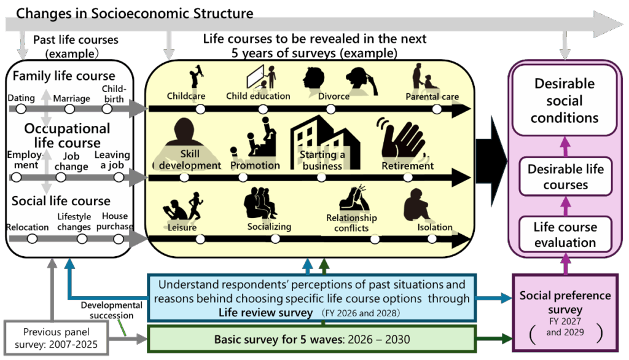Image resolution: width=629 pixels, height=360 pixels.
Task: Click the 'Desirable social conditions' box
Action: pyautogui.click(x=565, y=100)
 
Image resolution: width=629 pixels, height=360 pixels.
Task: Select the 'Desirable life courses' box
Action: pyautogui.click(x=565, y=176)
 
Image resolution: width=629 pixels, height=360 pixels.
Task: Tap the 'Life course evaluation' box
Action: pyautogui.click(x=565, y=235)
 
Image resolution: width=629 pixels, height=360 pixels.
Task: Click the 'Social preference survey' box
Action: pyautogui.click(x=565, y=313)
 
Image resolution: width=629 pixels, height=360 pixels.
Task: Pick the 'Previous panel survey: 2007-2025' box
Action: pyautogui.click(x=56, y=338)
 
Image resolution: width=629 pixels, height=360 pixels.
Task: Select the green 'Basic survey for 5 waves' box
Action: pyautogui.click(x=312, y=339)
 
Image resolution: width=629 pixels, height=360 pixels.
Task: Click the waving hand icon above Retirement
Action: pyautogui.click(x=402, y=139)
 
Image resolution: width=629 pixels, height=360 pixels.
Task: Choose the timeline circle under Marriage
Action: pyautogui.click(x=69, y=109)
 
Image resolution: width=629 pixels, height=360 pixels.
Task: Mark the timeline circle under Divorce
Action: pyautogui.click(x=330, y=109)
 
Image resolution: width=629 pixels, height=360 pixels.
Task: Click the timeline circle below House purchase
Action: pyautogui.click(x=119, y=239)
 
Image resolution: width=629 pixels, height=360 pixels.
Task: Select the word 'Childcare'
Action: pyautogui.click(x=186, y=96)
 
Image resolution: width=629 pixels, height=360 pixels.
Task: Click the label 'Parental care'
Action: pyautogui.click(x=432, y=96)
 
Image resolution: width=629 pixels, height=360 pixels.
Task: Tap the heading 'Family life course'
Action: pyautogui.click(x=64, y=76)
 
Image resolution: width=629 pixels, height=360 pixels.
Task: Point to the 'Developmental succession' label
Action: pyautogui.click(x=112, y=310)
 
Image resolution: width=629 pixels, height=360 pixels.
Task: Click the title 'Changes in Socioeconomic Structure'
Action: pyautogui.click(x=135, y=14)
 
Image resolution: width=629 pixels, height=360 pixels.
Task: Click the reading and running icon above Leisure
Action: pyautogui.click(x=183, y=206)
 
